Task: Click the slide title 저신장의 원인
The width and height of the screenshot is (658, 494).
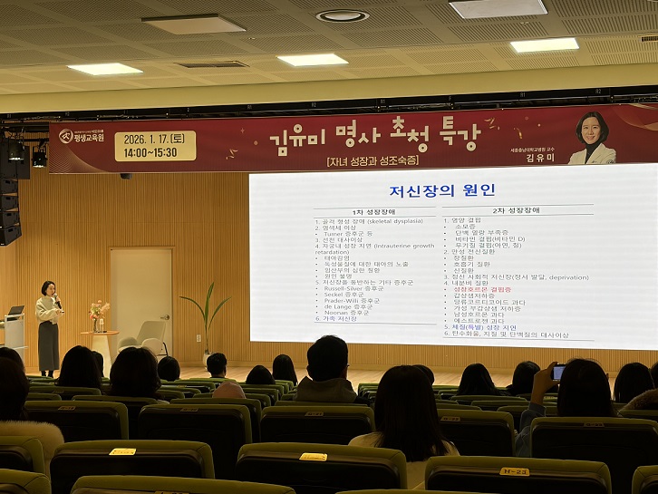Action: tap(441, 190)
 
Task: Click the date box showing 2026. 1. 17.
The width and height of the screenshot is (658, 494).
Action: tap(155, 145)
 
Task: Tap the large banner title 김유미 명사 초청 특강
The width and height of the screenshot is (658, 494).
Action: tap(373, 138)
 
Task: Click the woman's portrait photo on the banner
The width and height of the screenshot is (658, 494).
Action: tap(593, 139)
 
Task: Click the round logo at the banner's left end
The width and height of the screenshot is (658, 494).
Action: tap(66, 136)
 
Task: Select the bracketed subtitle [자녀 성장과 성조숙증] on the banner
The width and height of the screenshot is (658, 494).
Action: tap(373, 160)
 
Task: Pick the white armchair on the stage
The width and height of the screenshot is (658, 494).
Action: tap(152, 336)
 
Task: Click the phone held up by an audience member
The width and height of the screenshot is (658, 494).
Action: tap(558, 373)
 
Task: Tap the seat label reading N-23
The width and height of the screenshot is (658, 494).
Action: tap(514, 471)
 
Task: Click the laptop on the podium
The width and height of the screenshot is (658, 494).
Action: tap(15, 311)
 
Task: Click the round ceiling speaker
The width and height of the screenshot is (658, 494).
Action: tap(343, 15)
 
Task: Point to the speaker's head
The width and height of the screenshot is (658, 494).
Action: tap(47, 288)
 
